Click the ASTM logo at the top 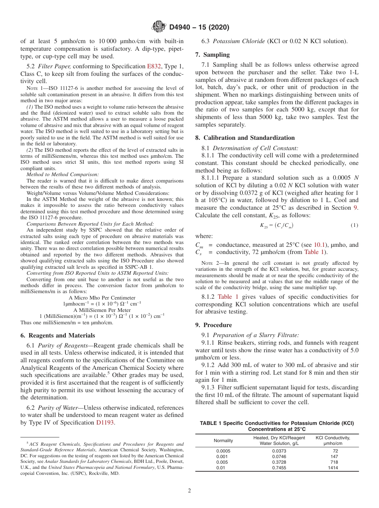click(x=159, y=27)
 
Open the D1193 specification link click(x=105, y=423)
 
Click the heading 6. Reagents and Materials click(x=58, y=335)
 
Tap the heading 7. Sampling click(x=212, y=54)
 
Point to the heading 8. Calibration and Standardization click(x=245, y=137)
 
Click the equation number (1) click(x=354, y=225)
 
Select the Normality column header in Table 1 click(x=223, y=441)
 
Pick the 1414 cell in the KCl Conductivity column click(x=332, y=468)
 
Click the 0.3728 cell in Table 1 click(x=279, y=462)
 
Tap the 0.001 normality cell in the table click(x=223, y=456)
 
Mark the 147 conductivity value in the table click(x=334, y=456)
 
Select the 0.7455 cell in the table click(x=279, y=468)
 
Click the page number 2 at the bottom click(x=189, y=490)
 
